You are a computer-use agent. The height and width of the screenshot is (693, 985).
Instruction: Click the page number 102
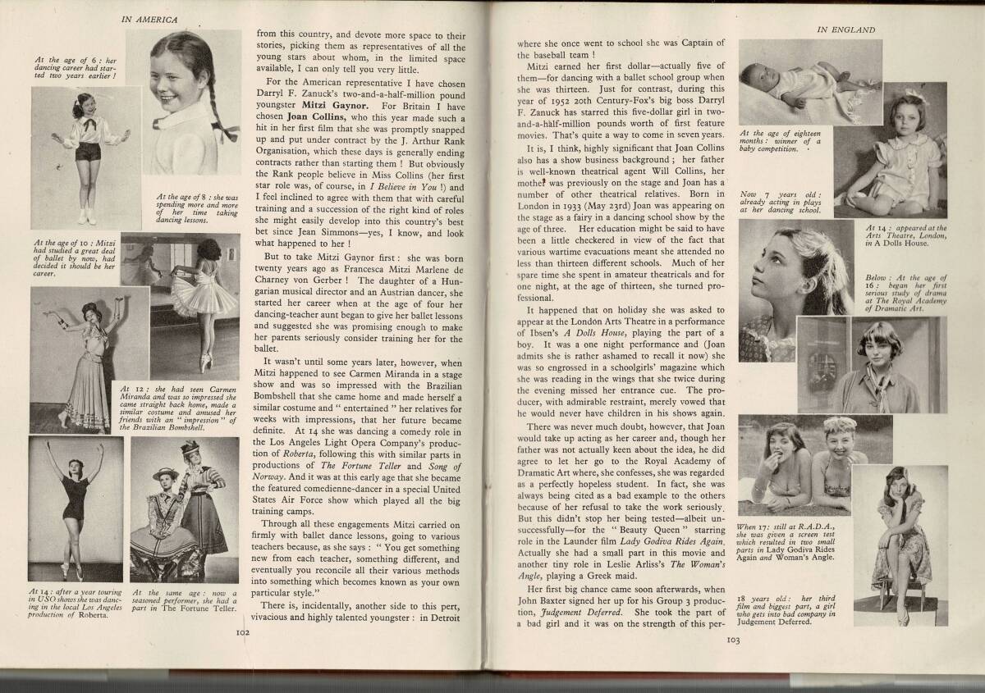click(242, 632)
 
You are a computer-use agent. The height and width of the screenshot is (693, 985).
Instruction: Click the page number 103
click(734, 641)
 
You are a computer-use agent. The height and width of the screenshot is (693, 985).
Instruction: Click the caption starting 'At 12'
click(176, 405)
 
